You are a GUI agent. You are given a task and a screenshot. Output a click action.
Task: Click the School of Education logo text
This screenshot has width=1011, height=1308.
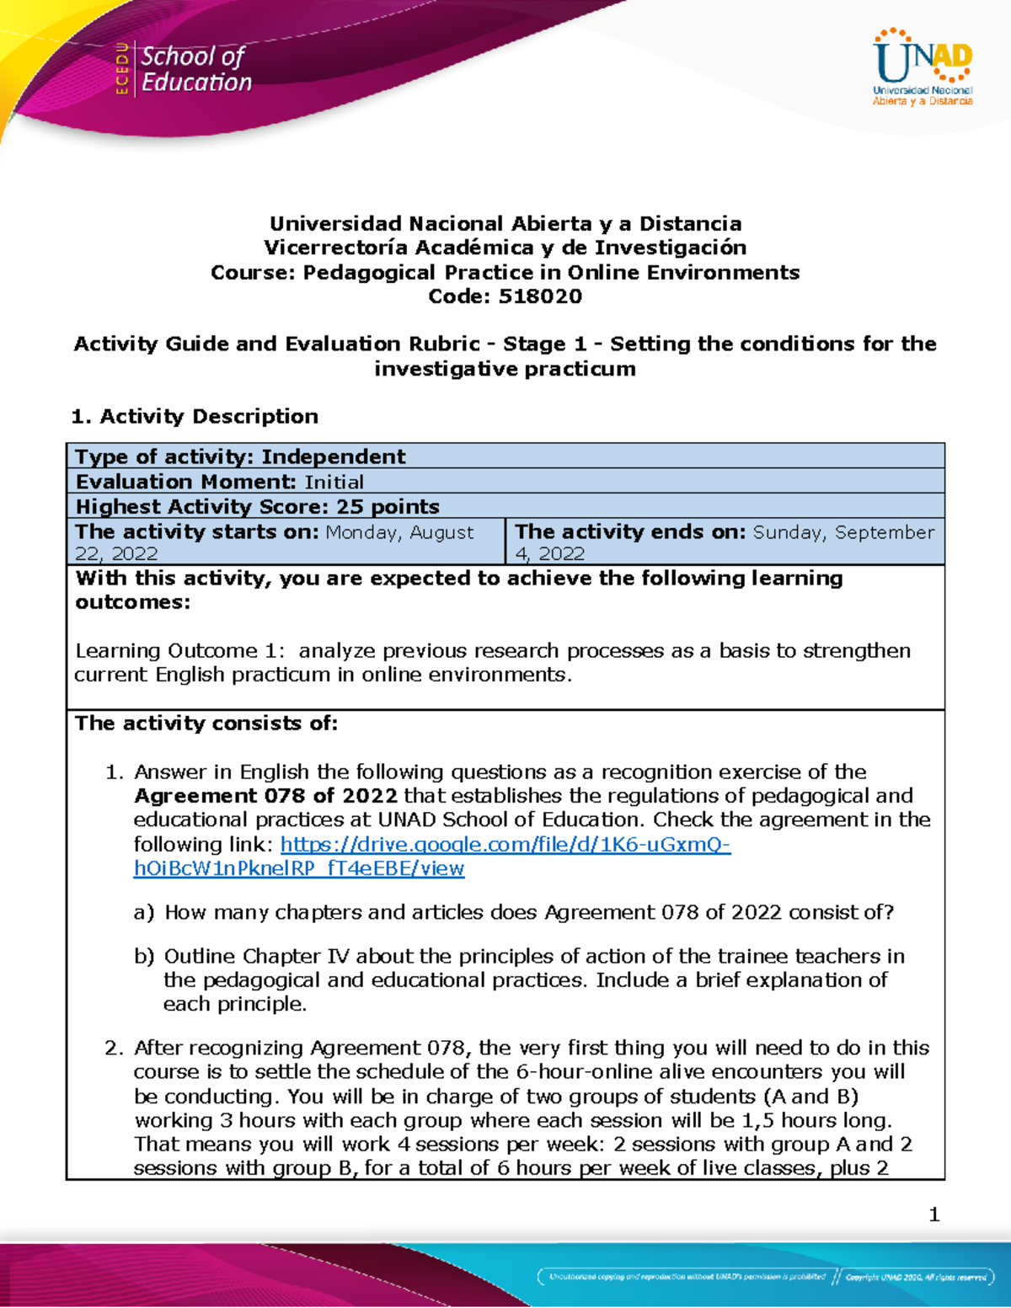(195, 69)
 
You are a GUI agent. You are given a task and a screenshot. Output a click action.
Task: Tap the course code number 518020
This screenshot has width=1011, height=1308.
(540, 296)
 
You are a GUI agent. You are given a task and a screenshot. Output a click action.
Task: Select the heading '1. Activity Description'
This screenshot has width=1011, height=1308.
(195, 416)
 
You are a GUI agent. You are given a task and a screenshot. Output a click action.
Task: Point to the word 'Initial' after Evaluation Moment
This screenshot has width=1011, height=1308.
(334, 482)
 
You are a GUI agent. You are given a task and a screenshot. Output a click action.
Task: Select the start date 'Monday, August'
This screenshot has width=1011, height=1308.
(399, 531)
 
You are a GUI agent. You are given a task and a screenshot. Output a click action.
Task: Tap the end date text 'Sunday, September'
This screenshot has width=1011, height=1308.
(843, 531)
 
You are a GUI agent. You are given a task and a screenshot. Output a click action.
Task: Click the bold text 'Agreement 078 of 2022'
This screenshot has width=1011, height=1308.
(265, 796)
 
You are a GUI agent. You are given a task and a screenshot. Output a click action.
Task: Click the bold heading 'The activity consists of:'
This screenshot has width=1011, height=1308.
(206, 723)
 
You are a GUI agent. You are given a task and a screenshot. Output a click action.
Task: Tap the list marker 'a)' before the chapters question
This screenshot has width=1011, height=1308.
(144, 912)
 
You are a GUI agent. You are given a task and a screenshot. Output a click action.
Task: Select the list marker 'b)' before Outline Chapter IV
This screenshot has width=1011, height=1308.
(144, 956)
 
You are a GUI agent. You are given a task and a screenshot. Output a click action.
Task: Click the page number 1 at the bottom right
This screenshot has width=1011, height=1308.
(933, 1214)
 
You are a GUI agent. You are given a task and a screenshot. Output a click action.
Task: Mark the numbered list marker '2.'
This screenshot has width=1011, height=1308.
(115, 1048)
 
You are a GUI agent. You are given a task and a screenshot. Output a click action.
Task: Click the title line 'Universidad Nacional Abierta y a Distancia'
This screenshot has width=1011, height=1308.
(505, 223)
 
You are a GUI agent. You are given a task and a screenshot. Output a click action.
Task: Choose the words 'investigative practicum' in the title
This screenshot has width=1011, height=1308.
(505, 369)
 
